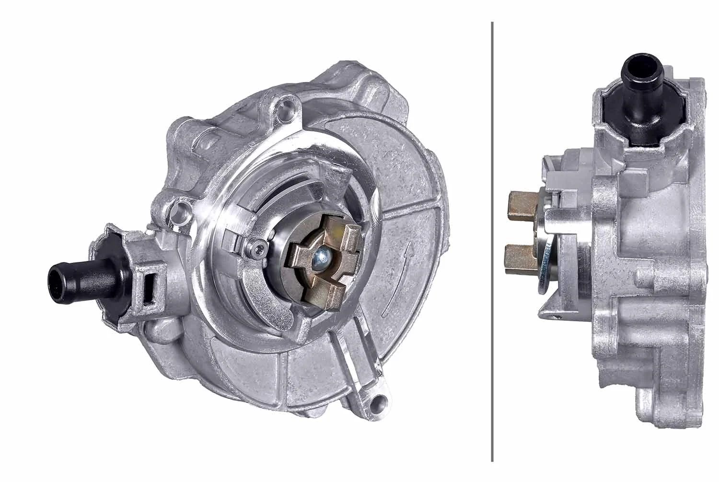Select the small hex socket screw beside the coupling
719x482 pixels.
tap(258, 247)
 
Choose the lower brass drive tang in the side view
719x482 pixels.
tap(522, 257)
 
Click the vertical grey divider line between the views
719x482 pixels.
tap(492, 240)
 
